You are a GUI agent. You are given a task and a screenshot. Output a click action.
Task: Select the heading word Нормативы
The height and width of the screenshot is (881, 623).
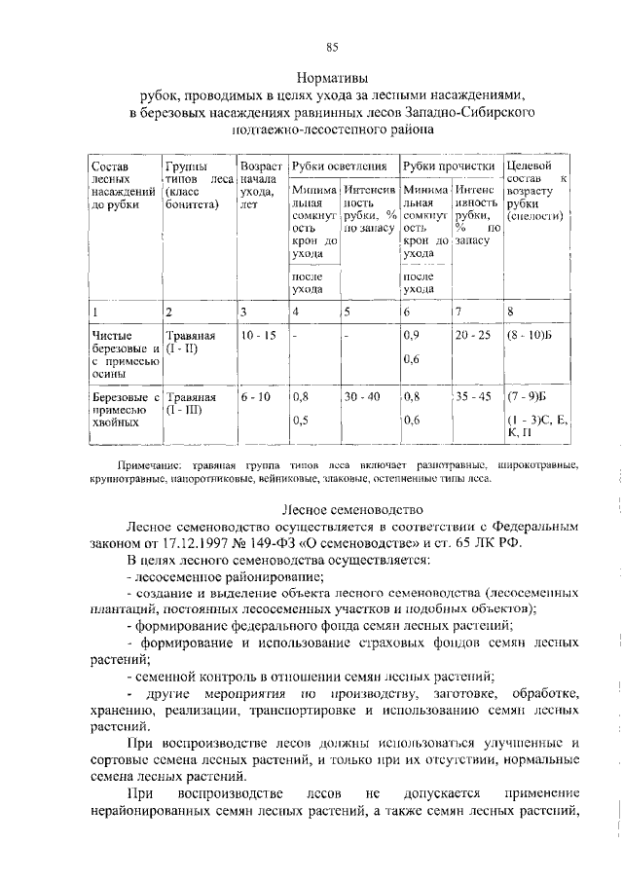pyautogui.click(x=332, y=77)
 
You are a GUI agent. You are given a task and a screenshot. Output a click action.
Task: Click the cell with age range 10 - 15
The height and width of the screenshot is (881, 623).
pyautogui.click(x=258, y=336)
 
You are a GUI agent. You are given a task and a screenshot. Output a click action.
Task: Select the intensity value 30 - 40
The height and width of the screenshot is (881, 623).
pyautogui.click(x=362, y=397)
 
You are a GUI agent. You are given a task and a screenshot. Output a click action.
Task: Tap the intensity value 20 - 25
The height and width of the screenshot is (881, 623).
pyautogui.click(x=474, y=336)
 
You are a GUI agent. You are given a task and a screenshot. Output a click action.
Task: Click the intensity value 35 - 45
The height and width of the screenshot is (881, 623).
pyautogui.click(x=474, y=397)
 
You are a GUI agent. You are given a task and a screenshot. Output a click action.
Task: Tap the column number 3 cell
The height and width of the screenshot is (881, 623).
pyautogui.click(x=243, y=312)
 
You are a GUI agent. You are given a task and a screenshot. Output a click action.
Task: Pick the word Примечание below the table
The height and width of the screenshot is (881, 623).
pyautogui.click(x=147, y=465)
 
